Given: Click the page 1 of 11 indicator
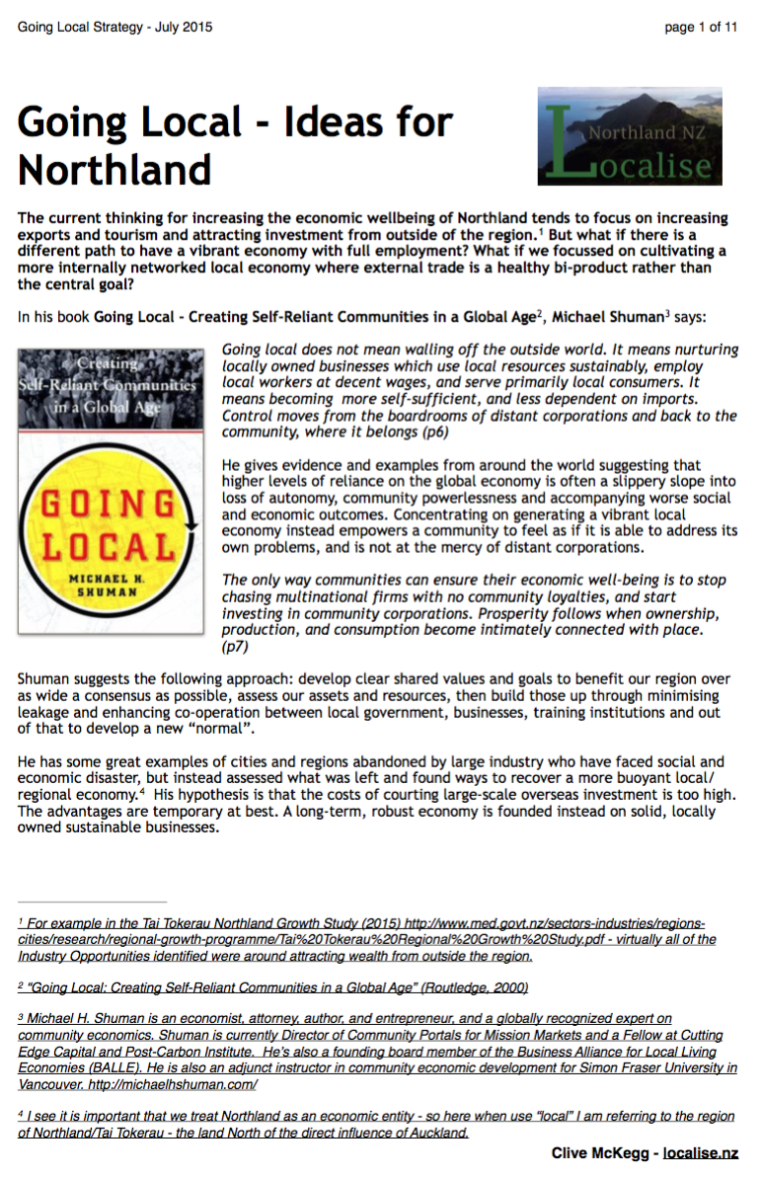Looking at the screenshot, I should click(701, 28).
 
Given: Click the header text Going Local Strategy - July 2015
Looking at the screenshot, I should click(114, 28).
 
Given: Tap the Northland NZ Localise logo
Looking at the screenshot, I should click(630, 136).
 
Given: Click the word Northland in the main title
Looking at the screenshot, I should click(114, 169).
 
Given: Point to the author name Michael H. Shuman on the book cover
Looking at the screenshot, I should click(110, 583).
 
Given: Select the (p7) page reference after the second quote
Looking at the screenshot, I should click(235, 646).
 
